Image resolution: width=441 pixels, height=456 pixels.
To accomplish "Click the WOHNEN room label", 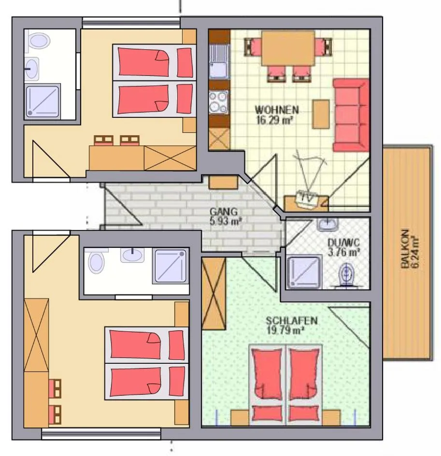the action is coord(277,110).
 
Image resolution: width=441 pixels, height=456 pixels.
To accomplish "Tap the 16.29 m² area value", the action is coord(274,120).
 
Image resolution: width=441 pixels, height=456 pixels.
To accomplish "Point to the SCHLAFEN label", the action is coord(292,320).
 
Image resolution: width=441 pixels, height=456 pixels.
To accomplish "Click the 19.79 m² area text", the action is coord(285,330).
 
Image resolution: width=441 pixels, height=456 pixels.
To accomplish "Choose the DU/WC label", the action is coord(343,242).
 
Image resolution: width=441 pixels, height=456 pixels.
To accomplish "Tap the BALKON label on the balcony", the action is coord(405,249).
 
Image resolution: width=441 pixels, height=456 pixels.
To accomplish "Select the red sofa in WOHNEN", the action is coord(351,115).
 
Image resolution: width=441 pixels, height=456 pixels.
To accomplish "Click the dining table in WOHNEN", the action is coord(288,48).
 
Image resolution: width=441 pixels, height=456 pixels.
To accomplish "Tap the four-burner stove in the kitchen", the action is coord(218,101).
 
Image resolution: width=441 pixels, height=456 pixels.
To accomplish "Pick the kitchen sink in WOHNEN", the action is coord(219,62).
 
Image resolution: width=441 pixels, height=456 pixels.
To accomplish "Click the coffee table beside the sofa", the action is coord(321,114).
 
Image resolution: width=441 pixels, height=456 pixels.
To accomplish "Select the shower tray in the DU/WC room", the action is coord(304,272).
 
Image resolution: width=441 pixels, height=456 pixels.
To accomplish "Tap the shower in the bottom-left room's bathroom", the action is coord(171,266).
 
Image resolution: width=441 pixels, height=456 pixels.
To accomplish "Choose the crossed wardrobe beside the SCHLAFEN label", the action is coord(213,294).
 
